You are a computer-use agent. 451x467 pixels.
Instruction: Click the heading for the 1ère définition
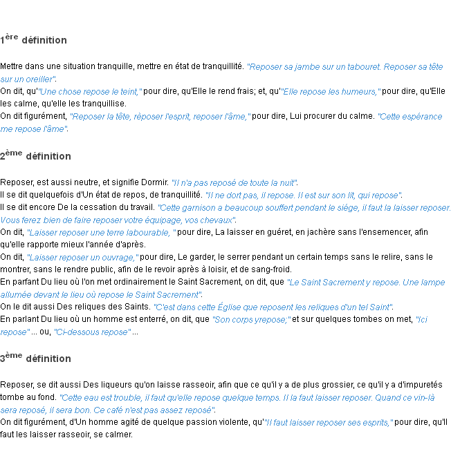pos(33,39)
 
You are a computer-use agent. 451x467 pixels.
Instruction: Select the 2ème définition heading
pos(35,155)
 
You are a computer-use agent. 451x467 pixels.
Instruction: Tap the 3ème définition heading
pos(35,358)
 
